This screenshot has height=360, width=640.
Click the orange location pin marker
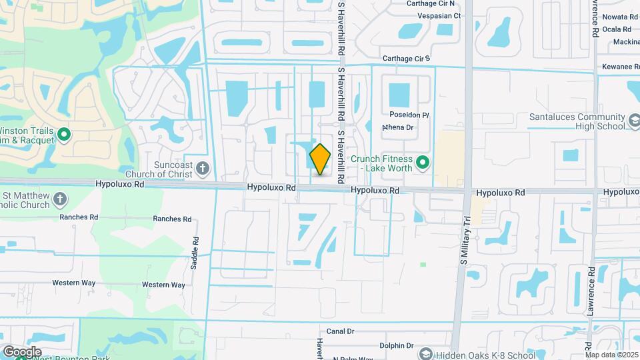(321, 159)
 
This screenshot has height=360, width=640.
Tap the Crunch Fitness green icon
(422, 162)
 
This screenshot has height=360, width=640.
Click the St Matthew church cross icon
(60, 199)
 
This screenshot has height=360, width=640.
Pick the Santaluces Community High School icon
(633, 121)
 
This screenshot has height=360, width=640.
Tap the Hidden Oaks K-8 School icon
(425, 354)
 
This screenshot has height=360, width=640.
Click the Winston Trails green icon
(64, 135)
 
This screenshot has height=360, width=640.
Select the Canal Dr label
(340, 331)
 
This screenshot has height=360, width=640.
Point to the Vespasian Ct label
(439, 15)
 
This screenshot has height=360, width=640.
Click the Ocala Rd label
(616, 29)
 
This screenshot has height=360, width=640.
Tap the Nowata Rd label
(620, 17)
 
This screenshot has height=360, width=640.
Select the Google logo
(22, 351)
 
